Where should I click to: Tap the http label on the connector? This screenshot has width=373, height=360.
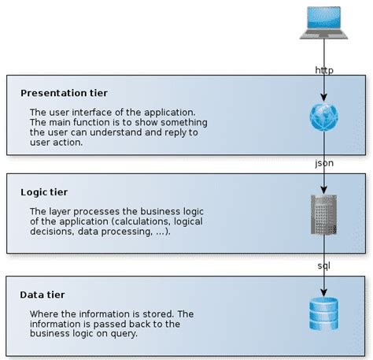(323, 70)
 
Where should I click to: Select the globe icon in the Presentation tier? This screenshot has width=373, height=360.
(323, 117)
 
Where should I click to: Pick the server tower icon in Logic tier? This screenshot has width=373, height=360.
(323, 214)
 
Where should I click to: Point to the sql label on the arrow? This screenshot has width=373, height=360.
(323, 266)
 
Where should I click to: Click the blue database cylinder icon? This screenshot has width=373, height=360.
(323, 313)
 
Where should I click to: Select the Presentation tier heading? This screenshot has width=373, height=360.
(65, 93)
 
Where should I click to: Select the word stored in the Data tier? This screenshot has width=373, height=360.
(167, 314)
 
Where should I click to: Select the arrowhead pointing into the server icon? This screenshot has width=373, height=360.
(323, 190)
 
